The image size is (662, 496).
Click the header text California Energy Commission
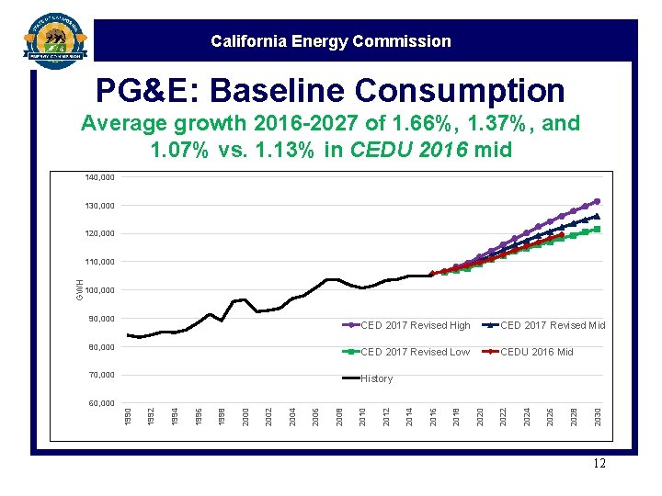point(330,41)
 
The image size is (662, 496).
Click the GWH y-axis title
point(80,287)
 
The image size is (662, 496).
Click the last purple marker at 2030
point(597,201)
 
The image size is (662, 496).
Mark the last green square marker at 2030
point(597,229)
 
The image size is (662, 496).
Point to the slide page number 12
point(599,464)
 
